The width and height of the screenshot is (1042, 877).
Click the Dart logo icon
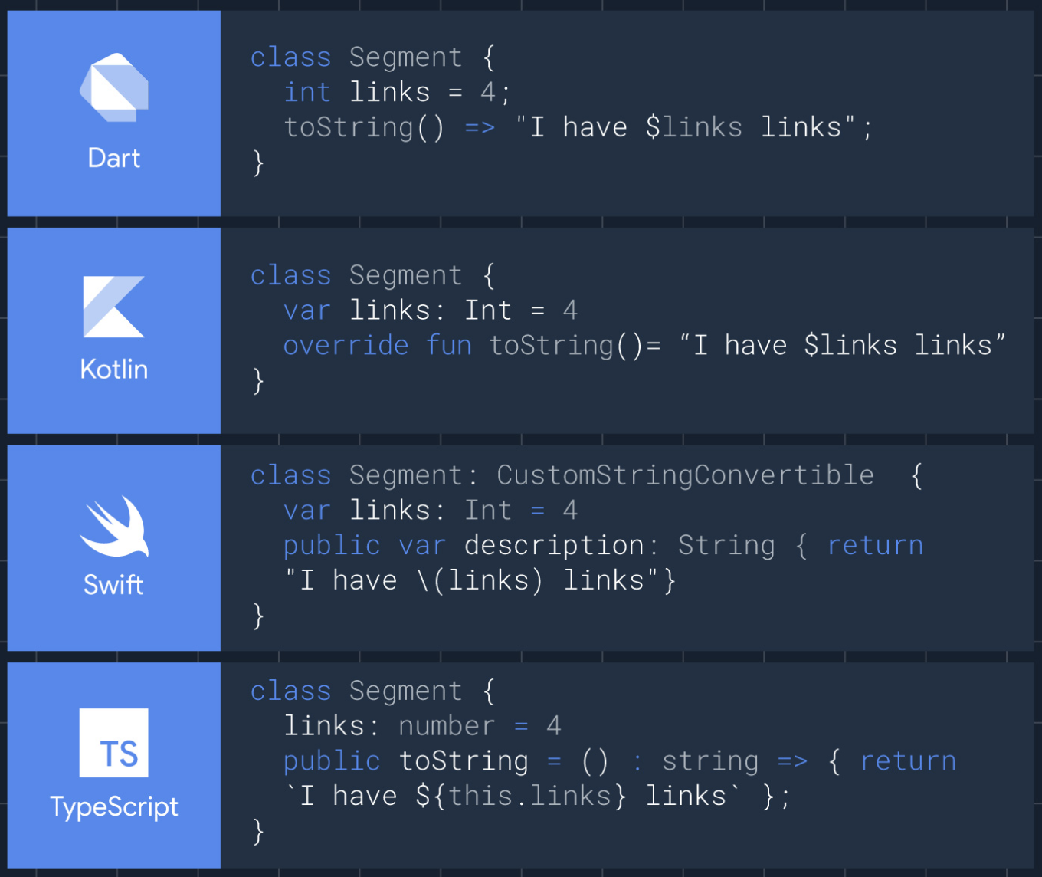pyautogui.click(x=114, y=87)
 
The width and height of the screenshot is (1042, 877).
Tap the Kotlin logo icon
pyautogui.click(x=113, y=307)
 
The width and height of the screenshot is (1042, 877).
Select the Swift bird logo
pyautogui.click(x=114, y=527)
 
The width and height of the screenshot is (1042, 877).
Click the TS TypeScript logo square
pyautogui.click(x=114, y=743)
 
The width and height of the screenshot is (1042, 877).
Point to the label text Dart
pyautogui.click(x=114, y=158)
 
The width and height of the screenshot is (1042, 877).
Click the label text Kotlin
pyautogui.click(x=114, y=369)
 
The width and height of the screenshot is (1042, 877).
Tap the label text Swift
pyautogui.click(x=113, y=585)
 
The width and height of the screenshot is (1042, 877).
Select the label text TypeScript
pyautogui.click(x=114, y=806)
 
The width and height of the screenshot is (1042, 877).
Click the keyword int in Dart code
pyautogui.click(x=307, y=92)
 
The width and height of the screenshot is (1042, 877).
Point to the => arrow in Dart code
pyautogui.click(x=480, y=127)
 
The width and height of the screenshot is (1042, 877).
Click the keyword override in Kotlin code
pyautogui.click(x=346, y=346)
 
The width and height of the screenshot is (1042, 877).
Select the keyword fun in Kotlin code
pyautogui.click(x=449, y=346)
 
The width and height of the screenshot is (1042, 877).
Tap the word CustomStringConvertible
pyautogui.click(x=685, y=475)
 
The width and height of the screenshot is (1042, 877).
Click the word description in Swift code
pyautogui.click(x=554, y=545)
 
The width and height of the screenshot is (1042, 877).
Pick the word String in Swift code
pyautogui.click(x=726, y=545)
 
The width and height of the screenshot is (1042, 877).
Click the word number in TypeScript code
pyautogui.click(x=447, y=726)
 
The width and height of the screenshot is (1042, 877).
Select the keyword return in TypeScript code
pyautogui.click(x=908, y=761)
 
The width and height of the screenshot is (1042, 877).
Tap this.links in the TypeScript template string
pyautogui.click(x=529, y=796)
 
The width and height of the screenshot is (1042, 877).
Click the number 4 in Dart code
pyautogui.click(x=488, y=92)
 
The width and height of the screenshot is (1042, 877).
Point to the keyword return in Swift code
pyautogui.click(x=875, y=545)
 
